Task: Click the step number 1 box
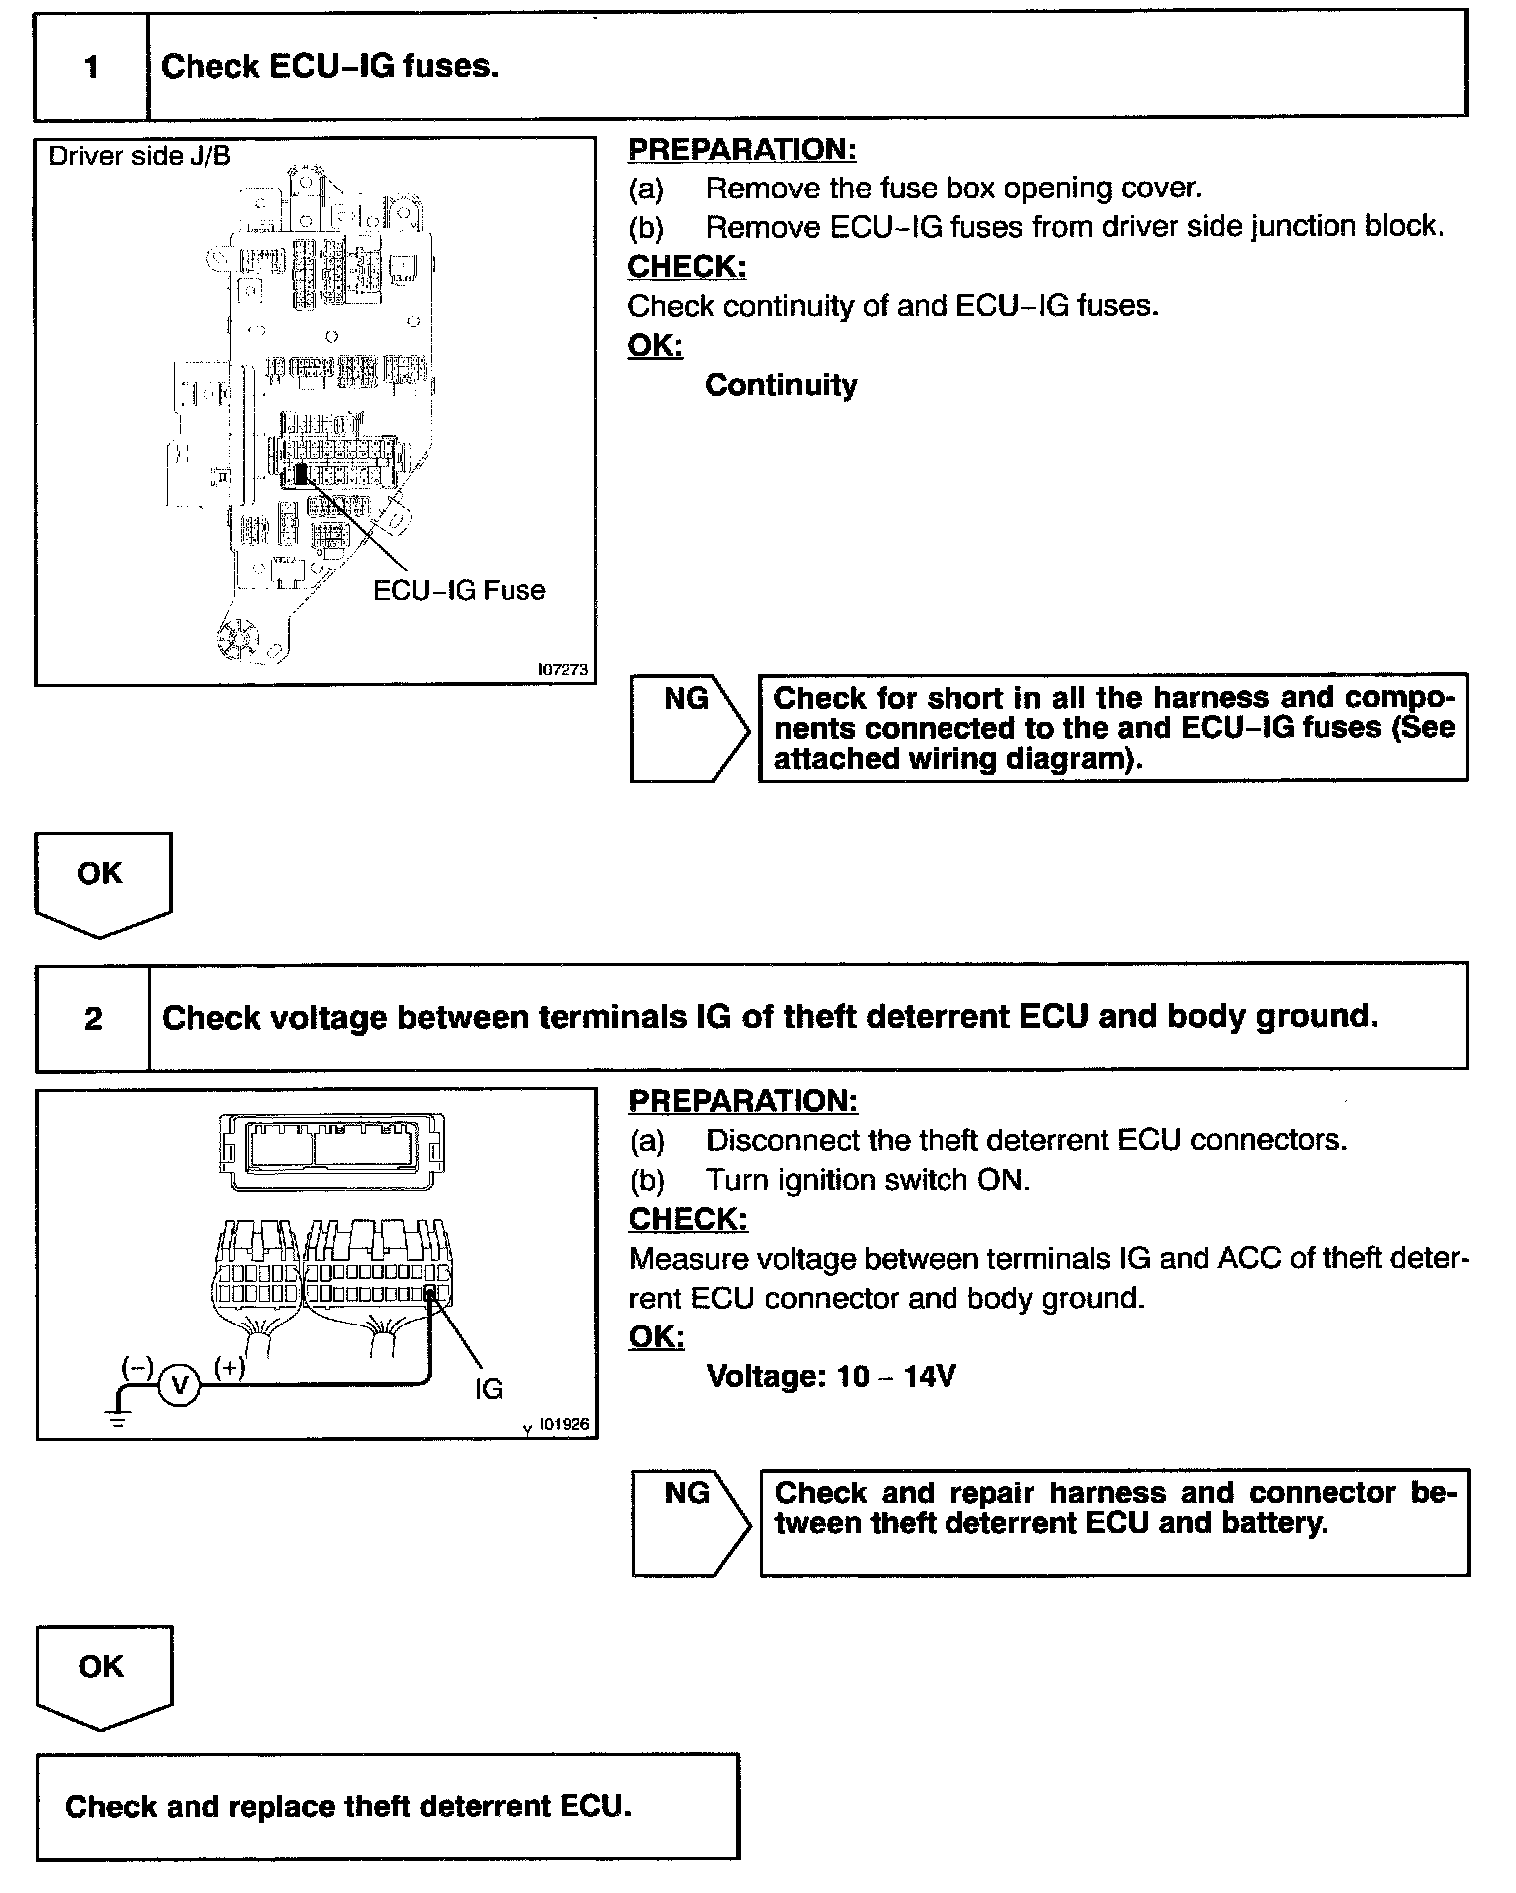tap(92, 67)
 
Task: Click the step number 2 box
tap(93, 1018)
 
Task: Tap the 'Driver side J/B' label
tap(140, 156)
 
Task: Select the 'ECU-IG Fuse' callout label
tap(459, 590)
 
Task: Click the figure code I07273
tap(564, 670)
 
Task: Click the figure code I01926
tap(565, 1425)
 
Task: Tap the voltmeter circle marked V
tap(180, 1386)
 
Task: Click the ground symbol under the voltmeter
tap(119, 1417)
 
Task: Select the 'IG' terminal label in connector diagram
tap(489, 1388)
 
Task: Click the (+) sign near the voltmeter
tap(230, 1367)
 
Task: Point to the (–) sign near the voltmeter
tap(137, 1367)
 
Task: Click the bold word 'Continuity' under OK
tap(781, 385)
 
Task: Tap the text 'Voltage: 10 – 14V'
tap(831, 1377)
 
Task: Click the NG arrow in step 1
tap(689, 727)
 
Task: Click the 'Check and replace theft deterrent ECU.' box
tap(388, 1807)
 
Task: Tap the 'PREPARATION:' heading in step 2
tap(743, 1101)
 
